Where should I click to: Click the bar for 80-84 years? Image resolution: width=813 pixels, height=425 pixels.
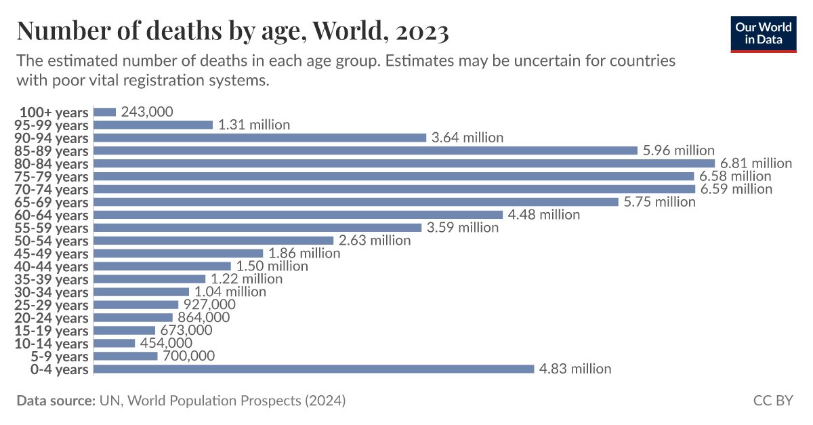[404, 163]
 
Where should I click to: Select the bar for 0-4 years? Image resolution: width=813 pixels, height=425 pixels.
[314, 369]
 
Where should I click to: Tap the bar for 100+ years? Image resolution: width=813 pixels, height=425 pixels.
[105, 112]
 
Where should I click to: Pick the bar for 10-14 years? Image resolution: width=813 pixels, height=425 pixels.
[114, 344]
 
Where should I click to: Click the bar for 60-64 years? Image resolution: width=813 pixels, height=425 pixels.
[298, 215]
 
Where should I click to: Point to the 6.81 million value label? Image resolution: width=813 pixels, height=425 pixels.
[756, 163]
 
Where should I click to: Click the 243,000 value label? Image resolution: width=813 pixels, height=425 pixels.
[147, 112]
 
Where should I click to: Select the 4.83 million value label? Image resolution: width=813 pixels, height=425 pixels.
[575, 369]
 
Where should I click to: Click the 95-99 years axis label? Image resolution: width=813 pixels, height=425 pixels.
[51, 125]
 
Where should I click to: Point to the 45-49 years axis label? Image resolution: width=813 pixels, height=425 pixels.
[51, 254]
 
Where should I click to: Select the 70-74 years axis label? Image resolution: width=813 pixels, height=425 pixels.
[51, 189]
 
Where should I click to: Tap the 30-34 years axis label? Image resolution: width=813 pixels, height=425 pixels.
[51, 292]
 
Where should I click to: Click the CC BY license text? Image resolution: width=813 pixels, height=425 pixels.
[772, 401]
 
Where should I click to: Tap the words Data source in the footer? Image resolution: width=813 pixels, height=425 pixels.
[56, 401]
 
